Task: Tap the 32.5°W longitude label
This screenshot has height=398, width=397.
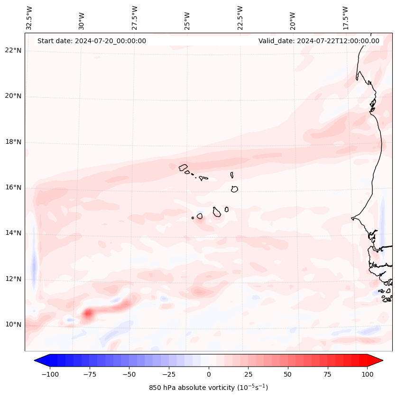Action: click(29, 18)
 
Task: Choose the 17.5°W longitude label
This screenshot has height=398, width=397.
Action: click(345, 18)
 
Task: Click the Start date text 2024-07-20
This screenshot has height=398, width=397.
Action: click(92, 41)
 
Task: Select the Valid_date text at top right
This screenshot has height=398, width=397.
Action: click(319, 41)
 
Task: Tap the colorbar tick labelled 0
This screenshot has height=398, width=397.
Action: click(209, 374)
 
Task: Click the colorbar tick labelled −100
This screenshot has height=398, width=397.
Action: click(50, 374)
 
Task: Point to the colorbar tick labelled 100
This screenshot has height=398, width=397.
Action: click(367, 374)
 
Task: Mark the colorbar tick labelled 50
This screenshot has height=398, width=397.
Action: click(288, 374)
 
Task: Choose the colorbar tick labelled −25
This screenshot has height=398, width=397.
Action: click(169, 374)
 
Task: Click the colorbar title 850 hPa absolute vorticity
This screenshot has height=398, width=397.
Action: click(208, 388)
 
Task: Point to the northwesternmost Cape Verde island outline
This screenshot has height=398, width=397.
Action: click(183, 167)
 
